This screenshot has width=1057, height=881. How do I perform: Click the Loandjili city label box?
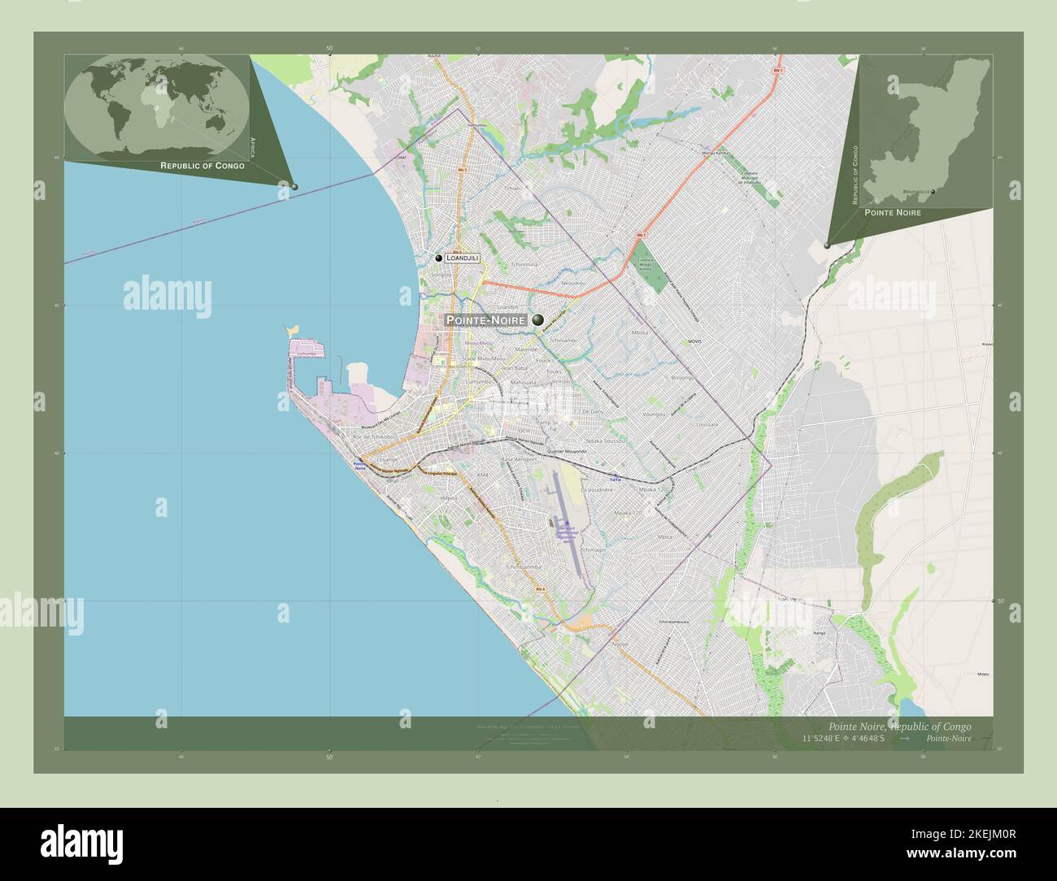(462, 258)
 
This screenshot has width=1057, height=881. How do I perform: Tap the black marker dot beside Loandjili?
(439, 258)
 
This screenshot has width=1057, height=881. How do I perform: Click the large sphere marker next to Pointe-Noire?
(538, 320)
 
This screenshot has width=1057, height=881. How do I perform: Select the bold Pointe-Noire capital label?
(485, 320)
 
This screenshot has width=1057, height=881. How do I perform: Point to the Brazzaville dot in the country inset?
(933, 192)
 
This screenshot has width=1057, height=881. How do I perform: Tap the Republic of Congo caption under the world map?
(202, 166)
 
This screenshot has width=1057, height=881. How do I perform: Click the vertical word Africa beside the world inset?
(253, 147)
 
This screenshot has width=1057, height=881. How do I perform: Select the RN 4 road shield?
(541, 588)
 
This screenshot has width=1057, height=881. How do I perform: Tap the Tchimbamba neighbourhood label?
(523, 566)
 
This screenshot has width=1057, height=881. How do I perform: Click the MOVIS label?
(694, 341)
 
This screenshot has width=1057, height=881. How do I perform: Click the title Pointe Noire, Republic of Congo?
(898, 726)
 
